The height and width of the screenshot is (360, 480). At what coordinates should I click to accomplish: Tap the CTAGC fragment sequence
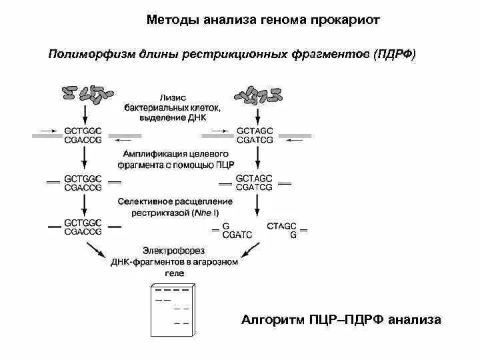tap(281, 227)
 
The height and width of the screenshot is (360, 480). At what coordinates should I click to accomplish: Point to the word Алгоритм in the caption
tap(271, 320)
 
